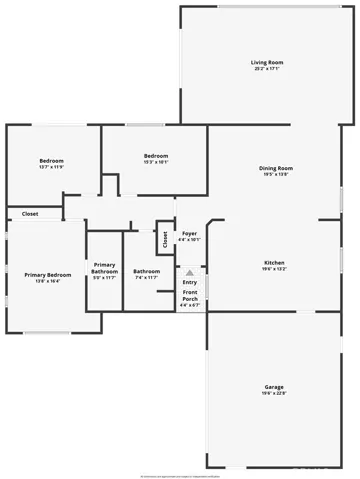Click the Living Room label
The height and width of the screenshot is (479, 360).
point(264,63)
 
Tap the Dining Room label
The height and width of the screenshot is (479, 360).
point(276,168)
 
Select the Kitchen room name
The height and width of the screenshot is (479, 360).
point(275,262)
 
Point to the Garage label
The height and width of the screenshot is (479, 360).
point(274,386)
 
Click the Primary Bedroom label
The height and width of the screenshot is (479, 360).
point(48,275)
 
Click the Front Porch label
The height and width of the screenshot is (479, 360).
point(190,297)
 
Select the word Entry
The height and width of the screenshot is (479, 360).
point(190,282)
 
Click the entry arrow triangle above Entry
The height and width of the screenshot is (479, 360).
point(190,270)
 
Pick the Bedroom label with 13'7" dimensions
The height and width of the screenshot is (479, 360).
point(52,161)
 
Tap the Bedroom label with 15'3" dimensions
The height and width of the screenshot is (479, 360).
point(155,156)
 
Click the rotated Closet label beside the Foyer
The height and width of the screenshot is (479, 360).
point(165,240)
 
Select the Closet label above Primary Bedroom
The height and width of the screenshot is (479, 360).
point(30,214)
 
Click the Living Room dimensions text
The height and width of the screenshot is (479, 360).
point(264,69)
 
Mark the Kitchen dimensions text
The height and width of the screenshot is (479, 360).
point(275,268)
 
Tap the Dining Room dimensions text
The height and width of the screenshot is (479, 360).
point(276,174)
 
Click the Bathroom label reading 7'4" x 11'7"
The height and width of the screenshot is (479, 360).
point(147,272)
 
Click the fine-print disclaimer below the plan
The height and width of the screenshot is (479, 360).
point(180,449)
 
